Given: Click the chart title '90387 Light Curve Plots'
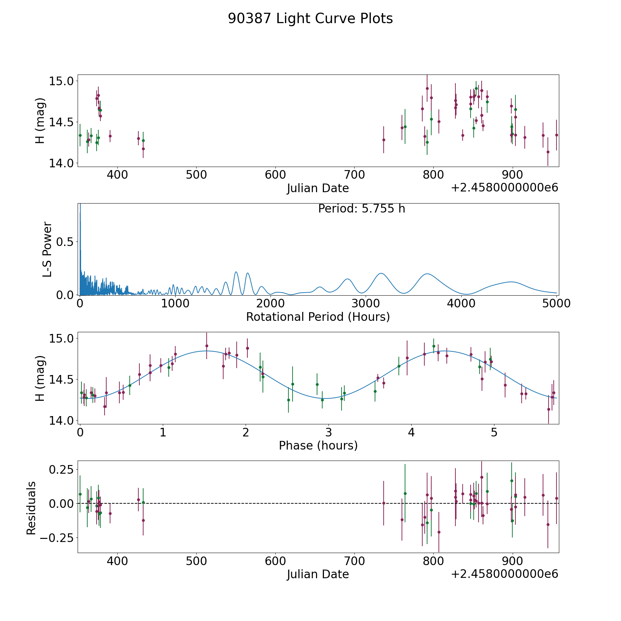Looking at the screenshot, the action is tap(310, 19).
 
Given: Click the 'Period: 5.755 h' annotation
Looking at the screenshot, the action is tap(362, 208).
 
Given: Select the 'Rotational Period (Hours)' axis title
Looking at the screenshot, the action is tap(318, 317).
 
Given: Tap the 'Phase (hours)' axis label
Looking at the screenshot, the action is tap(318, 445).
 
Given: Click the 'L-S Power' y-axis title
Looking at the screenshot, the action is tap(47, 249).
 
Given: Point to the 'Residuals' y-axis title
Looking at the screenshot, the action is tap(31, 508).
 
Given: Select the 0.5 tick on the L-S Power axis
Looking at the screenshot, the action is tap(65, 242).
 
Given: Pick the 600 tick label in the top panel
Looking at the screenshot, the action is tap(275, 175).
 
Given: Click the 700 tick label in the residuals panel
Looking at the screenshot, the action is tap(355, 561).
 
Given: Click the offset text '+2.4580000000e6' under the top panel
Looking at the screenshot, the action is tap(504, 188).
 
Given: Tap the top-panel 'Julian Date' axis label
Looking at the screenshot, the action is tap(318, 188).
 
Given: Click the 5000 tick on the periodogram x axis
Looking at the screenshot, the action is tap(556, 303).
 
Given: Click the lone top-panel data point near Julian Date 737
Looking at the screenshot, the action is tap(384, 140).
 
